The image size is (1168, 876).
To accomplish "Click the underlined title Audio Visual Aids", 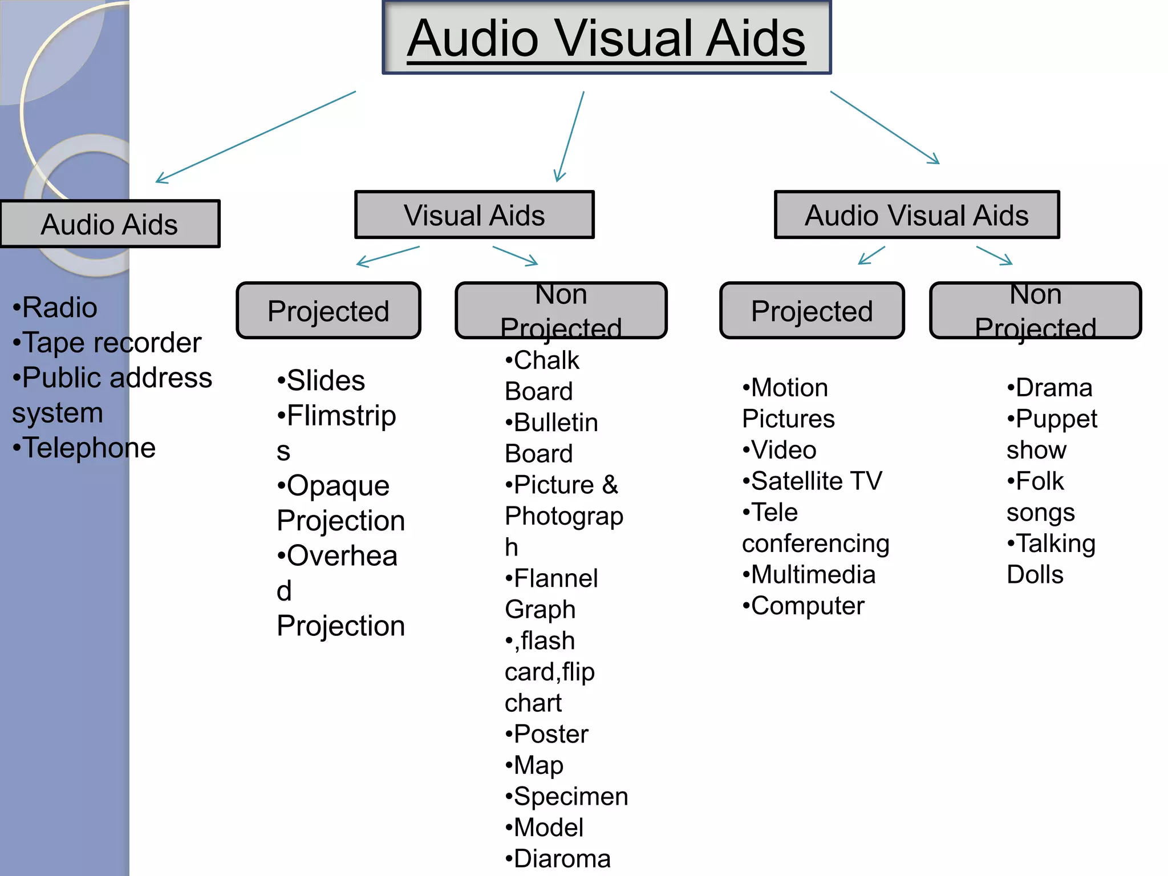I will click(606, 38).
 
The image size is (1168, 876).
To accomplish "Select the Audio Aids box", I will click(109, 224).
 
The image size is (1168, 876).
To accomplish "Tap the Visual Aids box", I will click(474, 215).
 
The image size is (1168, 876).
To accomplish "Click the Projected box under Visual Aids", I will click(328, 311).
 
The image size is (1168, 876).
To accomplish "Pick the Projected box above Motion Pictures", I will click(812, 311).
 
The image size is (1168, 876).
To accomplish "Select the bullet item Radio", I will click(59, 307).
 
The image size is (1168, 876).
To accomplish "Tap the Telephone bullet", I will click(88, 448).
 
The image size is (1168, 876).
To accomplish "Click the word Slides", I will click(326, 380).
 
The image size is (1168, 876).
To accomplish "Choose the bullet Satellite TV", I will click(816, 481).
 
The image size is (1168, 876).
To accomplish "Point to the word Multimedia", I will click(813, 574).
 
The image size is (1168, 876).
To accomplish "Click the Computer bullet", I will click(807, 606).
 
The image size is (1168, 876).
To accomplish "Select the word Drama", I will click(1053, 388).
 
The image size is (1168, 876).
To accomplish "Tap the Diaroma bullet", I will click(562, 859).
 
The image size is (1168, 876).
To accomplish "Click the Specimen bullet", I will click(570, 796).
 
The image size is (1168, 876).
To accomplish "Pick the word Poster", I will click(550, 734).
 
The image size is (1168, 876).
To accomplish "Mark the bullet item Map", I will click(538, 765).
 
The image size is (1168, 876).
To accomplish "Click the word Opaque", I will click(338, 486).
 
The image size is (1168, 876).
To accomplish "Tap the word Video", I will click(784, 450).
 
